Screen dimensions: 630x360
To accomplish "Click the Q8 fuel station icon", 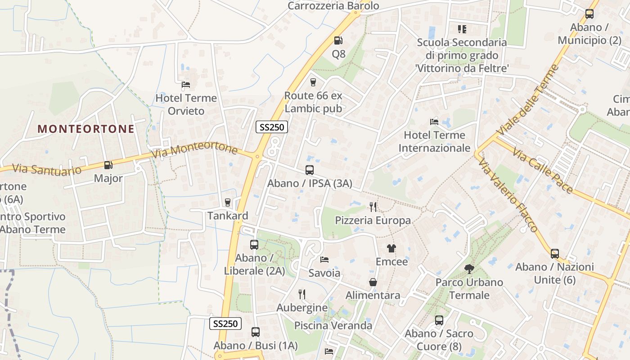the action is (x=338, y=40).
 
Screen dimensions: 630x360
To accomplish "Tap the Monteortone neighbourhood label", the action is (x=86, y=129).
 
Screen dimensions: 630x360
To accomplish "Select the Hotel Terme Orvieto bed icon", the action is (x=185, y=84).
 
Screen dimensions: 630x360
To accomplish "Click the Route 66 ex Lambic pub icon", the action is (x=313, y=82).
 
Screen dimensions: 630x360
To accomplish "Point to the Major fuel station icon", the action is (x=108, y=165).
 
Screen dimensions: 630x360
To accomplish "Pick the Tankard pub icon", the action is (x=228, y=202).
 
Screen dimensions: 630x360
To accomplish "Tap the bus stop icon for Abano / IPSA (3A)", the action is (x=310, y=170).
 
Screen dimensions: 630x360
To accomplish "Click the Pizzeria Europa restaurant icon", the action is (x=373, y=207).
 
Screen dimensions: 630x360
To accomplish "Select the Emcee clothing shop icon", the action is (x=391, y=248).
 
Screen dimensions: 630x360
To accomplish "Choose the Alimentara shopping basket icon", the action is (x=373, y=282).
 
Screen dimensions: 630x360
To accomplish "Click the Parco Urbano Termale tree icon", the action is (x=469, y=269).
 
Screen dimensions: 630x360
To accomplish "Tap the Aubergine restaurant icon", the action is (x=302, y=294).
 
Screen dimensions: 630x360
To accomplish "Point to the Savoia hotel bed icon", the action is (x=324, y=260).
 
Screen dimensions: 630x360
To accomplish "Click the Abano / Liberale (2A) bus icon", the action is (x=254, y=245).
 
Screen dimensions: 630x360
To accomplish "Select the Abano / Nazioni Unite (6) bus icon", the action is (x=555, y=253).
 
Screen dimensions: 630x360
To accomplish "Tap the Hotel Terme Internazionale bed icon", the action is (x=434, y=121).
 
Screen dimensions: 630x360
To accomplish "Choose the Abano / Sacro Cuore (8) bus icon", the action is (x=439, y=320).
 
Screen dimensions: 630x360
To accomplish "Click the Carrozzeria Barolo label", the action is (x=333, y=6).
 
